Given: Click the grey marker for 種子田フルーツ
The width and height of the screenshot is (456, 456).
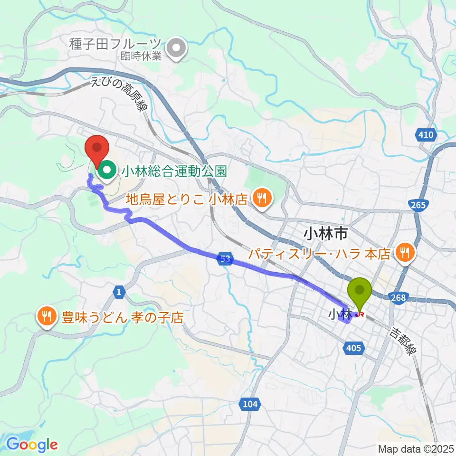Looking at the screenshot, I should [178, 47].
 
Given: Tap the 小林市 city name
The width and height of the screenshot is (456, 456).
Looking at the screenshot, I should [326, 233].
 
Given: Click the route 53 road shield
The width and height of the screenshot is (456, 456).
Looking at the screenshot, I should [227, 259].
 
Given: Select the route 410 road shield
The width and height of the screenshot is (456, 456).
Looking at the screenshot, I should [426, 135].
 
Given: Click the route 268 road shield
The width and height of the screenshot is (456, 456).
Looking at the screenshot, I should [399, 298].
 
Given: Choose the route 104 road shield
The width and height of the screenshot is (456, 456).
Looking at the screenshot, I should [249, 404].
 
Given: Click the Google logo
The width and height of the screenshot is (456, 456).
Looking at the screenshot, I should [32, 445].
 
